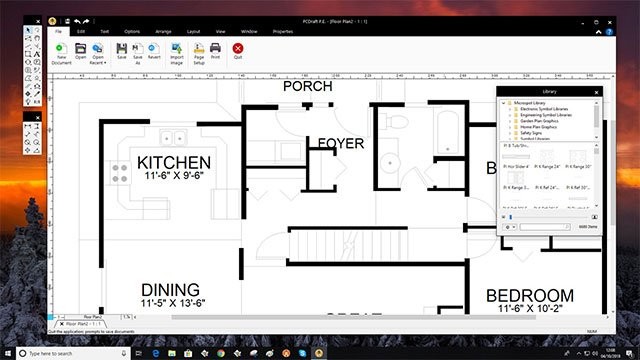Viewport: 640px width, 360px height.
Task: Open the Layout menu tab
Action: [x=192, y=31]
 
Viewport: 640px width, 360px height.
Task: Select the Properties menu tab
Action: [x=283, y=31]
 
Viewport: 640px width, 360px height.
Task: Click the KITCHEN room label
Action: [x=174, y=163]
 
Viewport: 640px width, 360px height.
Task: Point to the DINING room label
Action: [x=170, y=290]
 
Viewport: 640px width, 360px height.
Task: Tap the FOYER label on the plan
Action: [x=340, y=144]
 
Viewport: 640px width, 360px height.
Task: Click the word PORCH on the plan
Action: [x=308, y=87]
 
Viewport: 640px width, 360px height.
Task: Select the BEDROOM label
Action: [x=530, y=296]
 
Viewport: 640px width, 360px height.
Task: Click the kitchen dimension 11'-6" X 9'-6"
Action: [x=174, y=177]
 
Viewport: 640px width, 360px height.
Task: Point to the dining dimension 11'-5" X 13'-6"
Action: [x=172, y=303]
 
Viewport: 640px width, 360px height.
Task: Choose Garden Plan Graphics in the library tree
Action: [x=540, y=121]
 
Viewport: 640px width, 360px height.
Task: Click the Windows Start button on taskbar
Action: [x=9, y=353]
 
